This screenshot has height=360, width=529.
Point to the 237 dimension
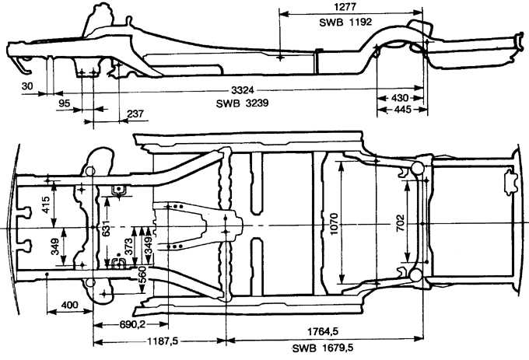point(134,115)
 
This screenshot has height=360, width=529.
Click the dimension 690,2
point(131,323)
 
